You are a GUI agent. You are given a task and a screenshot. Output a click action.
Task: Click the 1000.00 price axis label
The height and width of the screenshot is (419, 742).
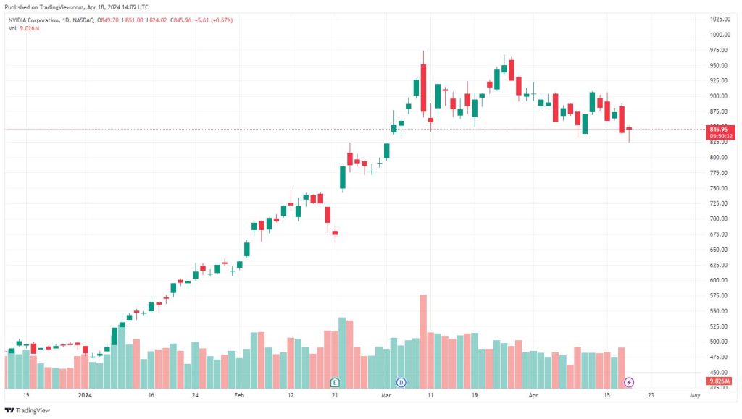pos(720,35)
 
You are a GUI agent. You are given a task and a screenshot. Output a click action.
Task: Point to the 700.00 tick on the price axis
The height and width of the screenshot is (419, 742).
pos(718,219)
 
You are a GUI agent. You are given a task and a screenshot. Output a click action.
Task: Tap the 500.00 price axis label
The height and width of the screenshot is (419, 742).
pos(718,342)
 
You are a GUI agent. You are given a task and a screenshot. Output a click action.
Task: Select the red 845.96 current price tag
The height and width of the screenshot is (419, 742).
pos(721,132)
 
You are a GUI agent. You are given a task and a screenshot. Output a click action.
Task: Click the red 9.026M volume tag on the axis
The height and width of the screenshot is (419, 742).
pos(720,381)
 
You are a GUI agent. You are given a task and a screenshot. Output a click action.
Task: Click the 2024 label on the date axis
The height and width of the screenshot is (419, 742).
pos(85,395)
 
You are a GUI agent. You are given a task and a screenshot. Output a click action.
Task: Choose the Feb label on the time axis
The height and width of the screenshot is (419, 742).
pos(239,395)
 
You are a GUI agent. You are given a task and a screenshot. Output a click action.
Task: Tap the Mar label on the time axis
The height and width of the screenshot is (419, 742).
pos(386,395)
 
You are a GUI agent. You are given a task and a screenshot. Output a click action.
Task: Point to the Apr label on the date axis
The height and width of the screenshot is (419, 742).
pos(533,395)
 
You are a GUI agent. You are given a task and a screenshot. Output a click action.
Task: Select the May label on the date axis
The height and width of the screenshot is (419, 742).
pos(695,395)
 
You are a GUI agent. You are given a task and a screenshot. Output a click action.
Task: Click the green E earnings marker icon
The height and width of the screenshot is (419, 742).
pos(335,382)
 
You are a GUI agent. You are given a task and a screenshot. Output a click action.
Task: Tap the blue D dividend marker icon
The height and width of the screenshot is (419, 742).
pos(401,382)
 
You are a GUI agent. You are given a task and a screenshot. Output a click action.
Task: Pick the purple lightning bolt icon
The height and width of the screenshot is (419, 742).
pos(629,382)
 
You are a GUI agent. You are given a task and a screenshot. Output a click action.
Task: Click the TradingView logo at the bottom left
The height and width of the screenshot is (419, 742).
pos(28,410)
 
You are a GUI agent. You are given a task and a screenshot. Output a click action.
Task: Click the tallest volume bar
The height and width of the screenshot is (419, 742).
pos(423,342)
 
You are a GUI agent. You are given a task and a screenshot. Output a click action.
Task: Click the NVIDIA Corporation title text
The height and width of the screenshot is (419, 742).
pos(34,20)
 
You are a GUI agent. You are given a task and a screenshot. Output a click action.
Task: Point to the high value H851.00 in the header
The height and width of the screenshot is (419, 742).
pos(133,20)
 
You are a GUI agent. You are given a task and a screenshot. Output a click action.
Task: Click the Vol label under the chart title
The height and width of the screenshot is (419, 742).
pos(12,28)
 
